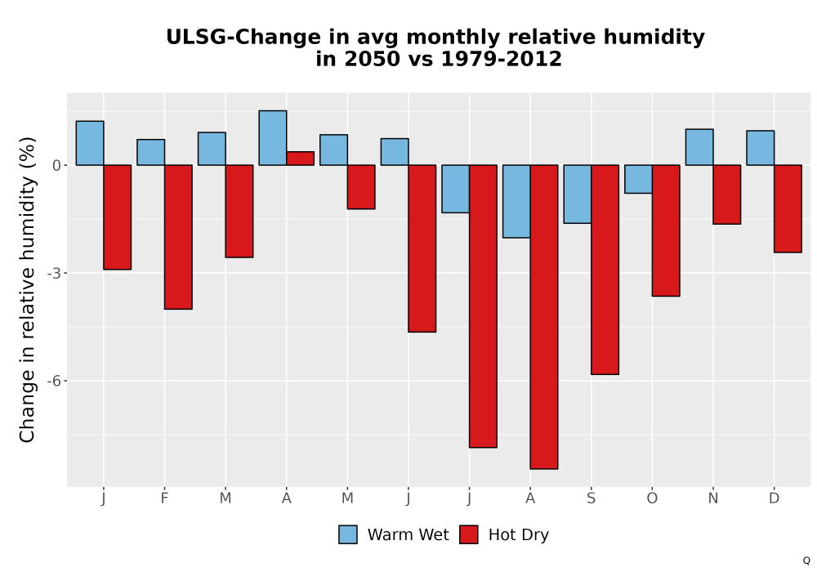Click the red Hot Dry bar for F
click(178, 237)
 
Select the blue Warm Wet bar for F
click(151, 152)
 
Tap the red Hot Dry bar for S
click(605, 270)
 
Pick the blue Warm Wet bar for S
click(578, 194)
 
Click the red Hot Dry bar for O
click(666, 230)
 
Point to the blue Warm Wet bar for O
click(638, 179)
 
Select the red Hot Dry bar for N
click(727, 194)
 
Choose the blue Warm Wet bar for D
click(760, 148)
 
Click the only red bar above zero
click(300, 159)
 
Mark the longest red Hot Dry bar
click(544, 317)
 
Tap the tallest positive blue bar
click(273, 138)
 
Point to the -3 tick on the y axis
click(65, 273)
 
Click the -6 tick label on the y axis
click(54, 381)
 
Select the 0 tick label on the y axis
click(57, 166)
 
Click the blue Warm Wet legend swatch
click(348, 534)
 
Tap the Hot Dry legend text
click(519, 535)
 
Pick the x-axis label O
click(652, 498)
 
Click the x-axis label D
click(774, 498)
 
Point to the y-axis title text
click(27, 289)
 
